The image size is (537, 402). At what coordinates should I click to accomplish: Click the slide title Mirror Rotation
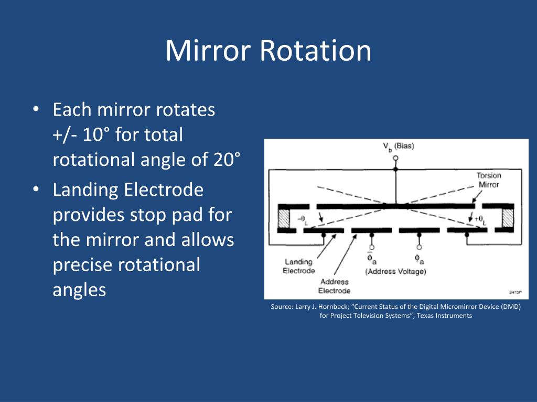(268, 51)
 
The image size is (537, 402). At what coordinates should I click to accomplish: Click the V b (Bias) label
(398, 147)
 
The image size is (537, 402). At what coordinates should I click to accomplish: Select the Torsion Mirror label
(488, 180)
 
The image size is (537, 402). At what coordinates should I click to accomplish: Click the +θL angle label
(480, 220)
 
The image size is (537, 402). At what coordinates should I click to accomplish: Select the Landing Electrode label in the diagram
(298, 266)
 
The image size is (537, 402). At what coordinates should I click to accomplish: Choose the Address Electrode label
(334, 286)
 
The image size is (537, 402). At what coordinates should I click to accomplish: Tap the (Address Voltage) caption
(396, 271)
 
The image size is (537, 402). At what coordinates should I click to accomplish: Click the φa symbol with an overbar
(371, 258)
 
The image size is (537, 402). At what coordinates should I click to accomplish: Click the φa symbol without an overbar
(419, 259)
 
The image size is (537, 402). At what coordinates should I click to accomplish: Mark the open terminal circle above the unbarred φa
(419, 247)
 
